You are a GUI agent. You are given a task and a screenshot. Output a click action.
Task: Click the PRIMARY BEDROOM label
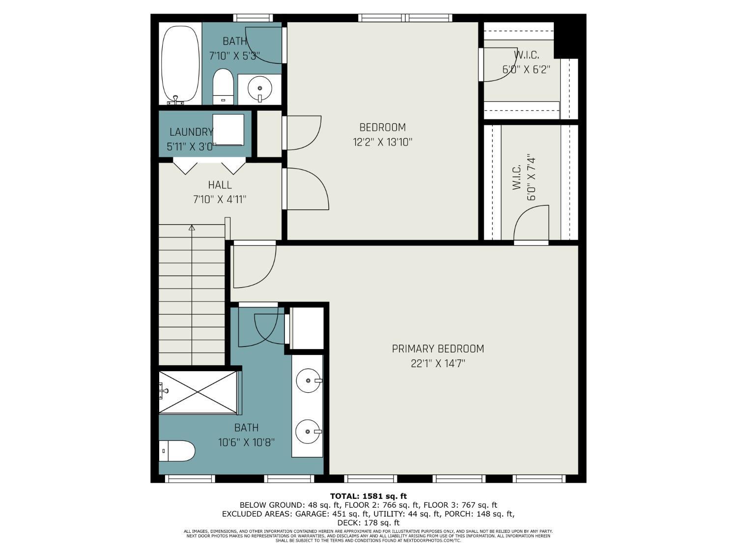click(x=437, y=349)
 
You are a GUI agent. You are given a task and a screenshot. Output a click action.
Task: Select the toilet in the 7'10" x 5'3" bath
click(x=223, y=87)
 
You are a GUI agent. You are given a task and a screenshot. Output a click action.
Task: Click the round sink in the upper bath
click(x=259, y=88)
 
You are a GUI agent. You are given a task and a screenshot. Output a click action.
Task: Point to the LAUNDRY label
click(x=191, y=132)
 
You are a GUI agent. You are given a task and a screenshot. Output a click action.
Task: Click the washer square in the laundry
click(x=228, y=130)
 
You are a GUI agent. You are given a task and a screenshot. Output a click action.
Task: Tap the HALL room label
click(x=220, y=185)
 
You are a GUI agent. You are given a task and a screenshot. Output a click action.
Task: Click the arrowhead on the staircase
click(x=192, y=228)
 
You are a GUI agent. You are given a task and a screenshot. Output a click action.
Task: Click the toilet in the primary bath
click(x=177, y=451)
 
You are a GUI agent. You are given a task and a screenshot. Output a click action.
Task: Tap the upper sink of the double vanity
click(x=309, y=380)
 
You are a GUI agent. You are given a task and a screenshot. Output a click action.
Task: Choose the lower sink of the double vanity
click(x=308, y=432)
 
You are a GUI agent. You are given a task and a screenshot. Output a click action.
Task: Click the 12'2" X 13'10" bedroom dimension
click(x=382, y=143)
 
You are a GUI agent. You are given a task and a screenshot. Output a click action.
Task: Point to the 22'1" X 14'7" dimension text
click(x=438, y=364)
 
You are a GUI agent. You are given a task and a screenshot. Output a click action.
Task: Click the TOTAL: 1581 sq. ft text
click(x=368, y=496)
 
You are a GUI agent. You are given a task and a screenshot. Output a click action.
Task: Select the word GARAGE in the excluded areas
click(x=312, y=514)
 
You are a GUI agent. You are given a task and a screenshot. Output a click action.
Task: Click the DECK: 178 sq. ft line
click(x=368, y=523)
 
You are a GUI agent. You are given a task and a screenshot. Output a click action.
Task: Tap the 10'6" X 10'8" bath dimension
click(x=247, y=442)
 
